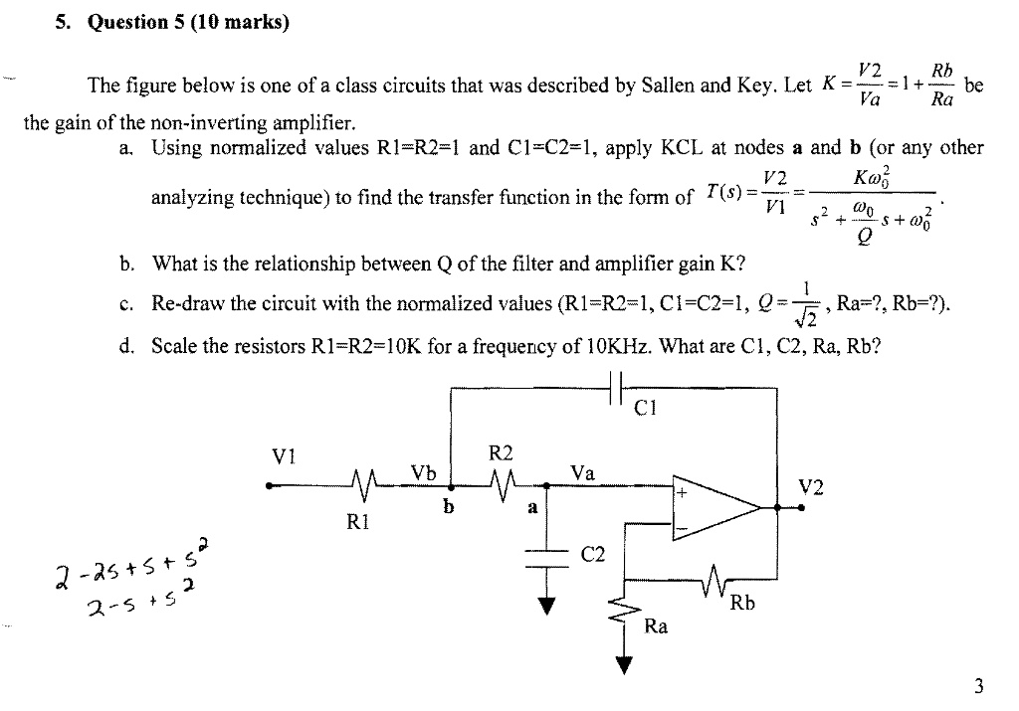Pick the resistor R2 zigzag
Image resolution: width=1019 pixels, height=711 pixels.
coord(505,487)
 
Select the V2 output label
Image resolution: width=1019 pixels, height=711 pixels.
coord(811,486)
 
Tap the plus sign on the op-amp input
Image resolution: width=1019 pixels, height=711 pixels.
coord(683,492)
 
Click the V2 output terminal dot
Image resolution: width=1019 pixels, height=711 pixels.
coord(803,507)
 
